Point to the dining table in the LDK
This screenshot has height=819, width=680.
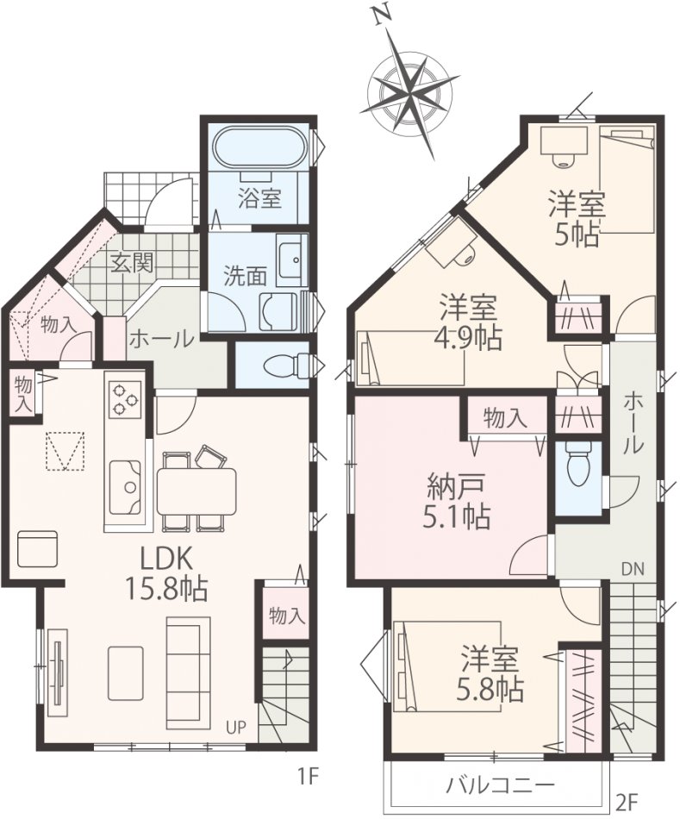pos(197,491)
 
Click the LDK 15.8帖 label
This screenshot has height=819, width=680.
pos(165,574)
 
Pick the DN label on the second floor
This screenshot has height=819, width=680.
pos(633,569)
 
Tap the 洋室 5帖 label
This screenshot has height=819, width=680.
pos(576,219)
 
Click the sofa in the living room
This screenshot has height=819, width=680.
pos(189,660)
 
